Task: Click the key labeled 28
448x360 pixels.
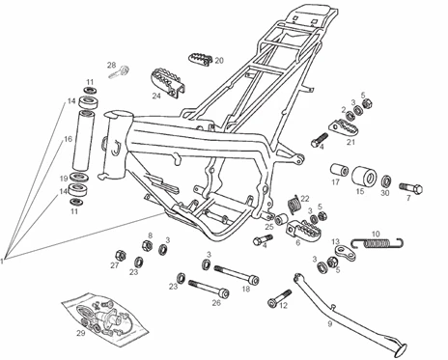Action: [120, 72]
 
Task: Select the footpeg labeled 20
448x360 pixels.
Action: [200, 59]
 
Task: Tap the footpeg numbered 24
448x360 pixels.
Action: [168, 81]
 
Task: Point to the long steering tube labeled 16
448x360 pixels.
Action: [83, 140]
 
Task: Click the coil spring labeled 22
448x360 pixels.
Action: [294, 205]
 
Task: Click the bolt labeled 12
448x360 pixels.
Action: [279, 298]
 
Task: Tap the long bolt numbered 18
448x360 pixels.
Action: [237, 274]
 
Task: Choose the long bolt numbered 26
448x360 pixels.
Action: [209, 288]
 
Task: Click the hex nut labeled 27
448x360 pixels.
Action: [120, 255]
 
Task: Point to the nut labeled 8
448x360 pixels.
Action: [147, 245]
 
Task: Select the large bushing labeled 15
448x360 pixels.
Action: [364, 177]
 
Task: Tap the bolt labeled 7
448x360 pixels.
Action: [411, 188]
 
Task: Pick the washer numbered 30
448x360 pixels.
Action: [386, 181]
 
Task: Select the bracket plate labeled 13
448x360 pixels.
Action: [345, 252]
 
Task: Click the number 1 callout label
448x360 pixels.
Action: [2, 261]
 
